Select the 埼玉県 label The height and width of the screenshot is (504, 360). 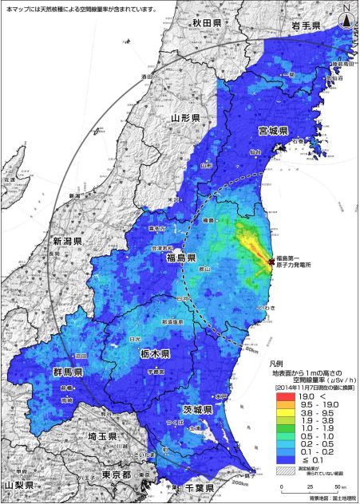pyautogui.click(x=103, y=436)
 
